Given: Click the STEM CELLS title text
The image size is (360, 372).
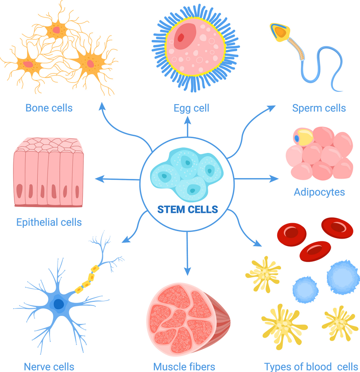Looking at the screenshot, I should (x=187, y=209).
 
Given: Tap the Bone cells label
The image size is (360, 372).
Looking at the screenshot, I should (x=49, y=108).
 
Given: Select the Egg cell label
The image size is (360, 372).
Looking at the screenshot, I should (x=191, y=108).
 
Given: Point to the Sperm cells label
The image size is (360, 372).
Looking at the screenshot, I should (x=319, y=108).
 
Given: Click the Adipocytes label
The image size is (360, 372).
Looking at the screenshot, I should (x=319, y=192).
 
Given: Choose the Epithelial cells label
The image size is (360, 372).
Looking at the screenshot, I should (x=49, y=222).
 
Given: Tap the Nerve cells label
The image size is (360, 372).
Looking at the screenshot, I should (x=49, y=367).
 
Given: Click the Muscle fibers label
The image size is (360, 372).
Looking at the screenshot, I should (x=184, y=367).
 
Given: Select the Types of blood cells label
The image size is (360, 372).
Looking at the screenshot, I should (x=311, y=367).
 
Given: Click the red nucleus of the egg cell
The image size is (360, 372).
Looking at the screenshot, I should (x=180, y=38).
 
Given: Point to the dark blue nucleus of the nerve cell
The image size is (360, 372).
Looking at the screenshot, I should (x=59, y=304).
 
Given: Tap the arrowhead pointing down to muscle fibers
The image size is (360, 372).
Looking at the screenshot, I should (x=187, y=272).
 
